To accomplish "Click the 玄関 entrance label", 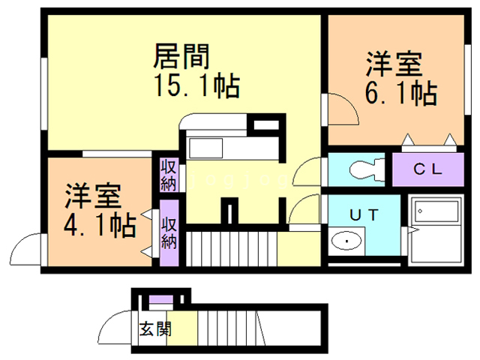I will [154, 328].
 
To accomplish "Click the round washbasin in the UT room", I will [346, 241].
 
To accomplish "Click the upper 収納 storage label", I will [168, 175].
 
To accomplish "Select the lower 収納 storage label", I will [169, 232].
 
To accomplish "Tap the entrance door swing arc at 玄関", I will [115, 327].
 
